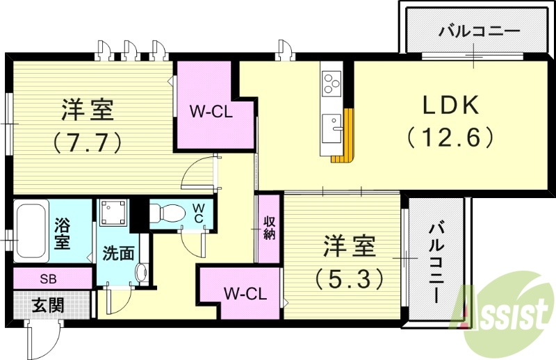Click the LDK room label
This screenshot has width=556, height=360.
point(450,105)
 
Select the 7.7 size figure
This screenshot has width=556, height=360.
point(88,141)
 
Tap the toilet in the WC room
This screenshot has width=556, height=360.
point(167,213)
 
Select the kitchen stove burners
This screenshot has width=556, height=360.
point(331,84)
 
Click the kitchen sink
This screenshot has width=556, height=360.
point(332,129)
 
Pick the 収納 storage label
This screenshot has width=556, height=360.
point(269,228)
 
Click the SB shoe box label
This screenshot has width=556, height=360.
point(48,279)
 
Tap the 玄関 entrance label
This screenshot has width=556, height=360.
point(47,304)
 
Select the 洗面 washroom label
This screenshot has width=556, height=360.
point(119,253)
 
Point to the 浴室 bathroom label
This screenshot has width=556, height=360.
point(63,233)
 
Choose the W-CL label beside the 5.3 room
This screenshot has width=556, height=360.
point(245,294)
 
